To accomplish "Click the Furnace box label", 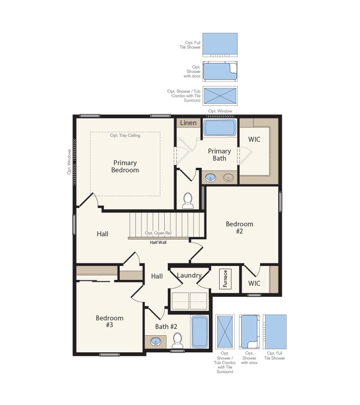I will tap(225, 279).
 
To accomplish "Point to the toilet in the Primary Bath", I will tap(188, 200).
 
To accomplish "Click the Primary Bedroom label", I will tap(125, 166).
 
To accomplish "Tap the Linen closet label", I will tap(188, 123).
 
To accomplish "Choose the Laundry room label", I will tap(189, 275).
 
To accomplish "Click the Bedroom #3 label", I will tap(109, 321).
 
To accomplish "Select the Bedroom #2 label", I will tap(239, 227).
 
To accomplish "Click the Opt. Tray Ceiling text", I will tap(125, 135).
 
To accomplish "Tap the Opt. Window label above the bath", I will tap(220, 111).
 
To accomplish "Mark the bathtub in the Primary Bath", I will tap(220, 128).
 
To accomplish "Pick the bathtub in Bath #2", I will tap(200, 332).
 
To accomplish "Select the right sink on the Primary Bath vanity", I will tap(229, 178).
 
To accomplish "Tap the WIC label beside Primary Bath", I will tap(254, 139).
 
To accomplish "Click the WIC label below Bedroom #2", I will tap(254, 283).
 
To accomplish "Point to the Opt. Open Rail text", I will tap(158, 234).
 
